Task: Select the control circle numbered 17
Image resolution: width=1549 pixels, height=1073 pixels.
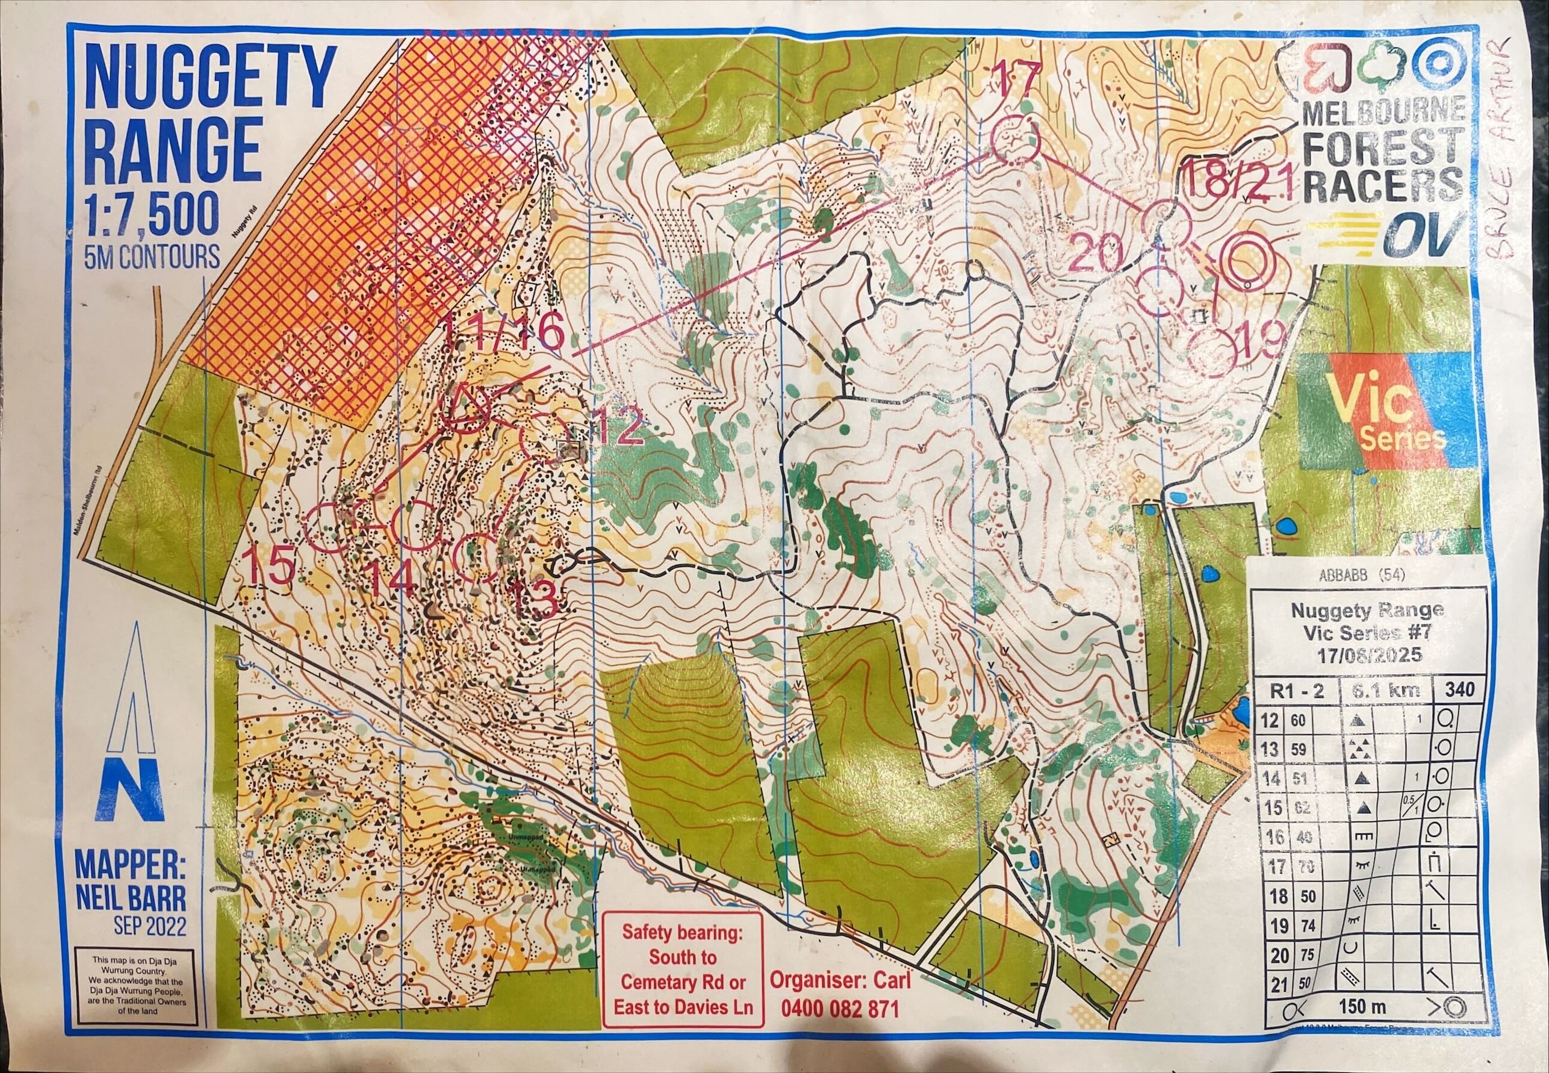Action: pyautogui.click(x=1015, y=139)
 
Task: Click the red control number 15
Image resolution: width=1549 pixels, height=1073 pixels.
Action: pyautogui.click(x=272, y=566)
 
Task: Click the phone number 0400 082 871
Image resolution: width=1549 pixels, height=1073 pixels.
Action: pyautogui.click(x=839, y=1026)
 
